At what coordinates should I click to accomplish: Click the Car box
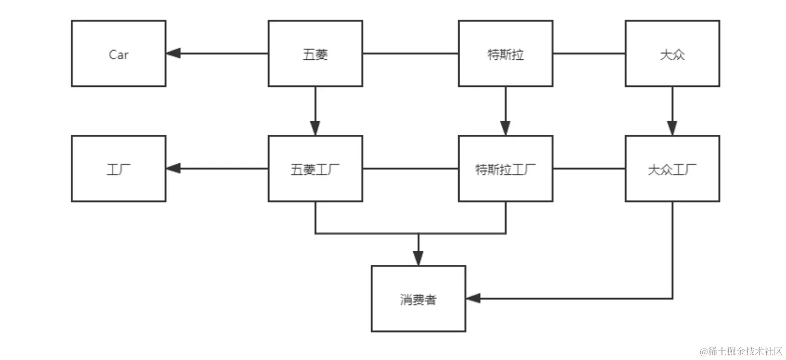point(119,54)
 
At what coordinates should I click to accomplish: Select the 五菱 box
point(315,54)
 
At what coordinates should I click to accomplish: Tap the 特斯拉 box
point(505,54)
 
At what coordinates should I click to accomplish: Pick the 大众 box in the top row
point(672,54)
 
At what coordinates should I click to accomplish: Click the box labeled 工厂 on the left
point(119,169)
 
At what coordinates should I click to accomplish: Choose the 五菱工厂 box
point(315,169)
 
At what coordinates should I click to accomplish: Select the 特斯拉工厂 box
point(505,169)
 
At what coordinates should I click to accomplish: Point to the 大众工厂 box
point(672,169)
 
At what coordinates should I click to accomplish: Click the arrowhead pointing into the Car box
point(173,53)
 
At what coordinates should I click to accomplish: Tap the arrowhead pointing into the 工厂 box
point(173,168)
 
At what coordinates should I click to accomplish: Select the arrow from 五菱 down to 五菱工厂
point(315,111)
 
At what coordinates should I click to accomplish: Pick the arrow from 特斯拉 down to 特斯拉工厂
point(505,111)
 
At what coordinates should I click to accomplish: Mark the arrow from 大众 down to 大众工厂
point(672,111)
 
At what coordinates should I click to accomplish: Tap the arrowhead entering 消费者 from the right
point(473,298)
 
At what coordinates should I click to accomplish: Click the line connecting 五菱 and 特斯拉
point(410,53)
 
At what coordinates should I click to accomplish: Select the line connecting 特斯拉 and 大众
point(589,53)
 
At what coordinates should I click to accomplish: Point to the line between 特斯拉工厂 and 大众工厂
point(589,169)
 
